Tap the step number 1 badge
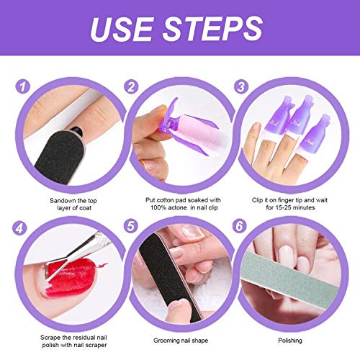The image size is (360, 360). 23,87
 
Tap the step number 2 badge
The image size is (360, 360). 130,87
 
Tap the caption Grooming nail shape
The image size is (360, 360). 179,338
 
